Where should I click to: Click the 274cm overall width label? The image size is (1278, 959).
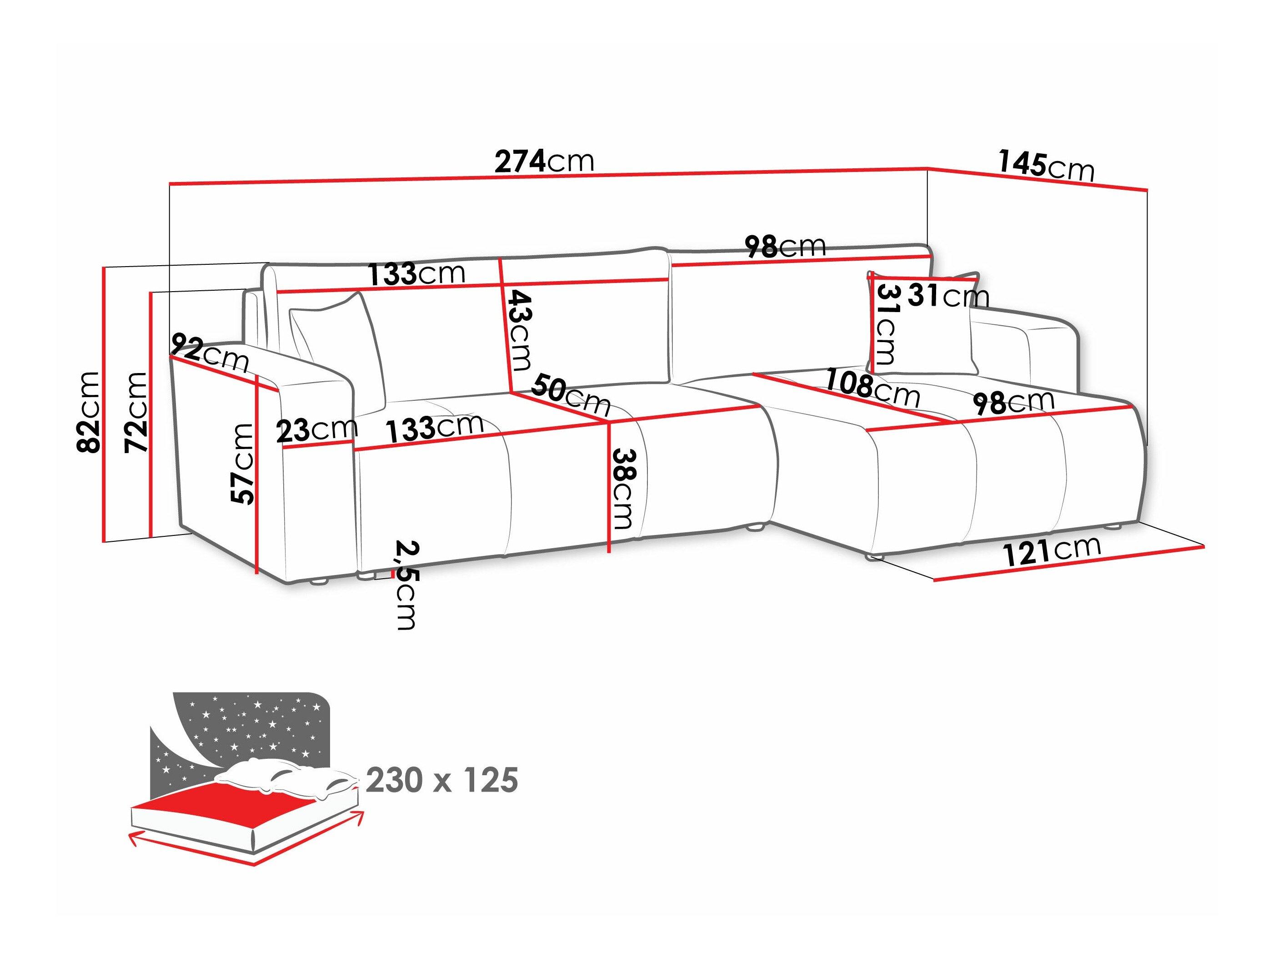click(544, 162)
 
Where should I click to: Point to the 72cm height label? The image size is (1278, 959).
click(136, 412)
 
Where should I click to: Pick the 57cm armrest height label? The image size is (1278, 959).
click(243, 464)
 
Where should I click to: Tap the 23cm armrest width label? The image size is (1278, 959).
click(316, 430)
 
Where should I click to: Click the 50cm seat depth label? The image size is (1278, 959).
click(571, 395)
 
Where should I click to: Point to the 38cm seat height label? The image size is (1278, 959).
click(623, 489)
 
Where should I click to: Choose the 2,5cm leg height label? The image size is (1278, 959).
click(406, 584)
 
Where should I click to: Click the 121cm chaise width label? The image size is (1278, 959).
click(1052, 551)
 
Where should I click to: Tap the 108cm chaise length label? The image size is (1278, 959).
click(872, 387)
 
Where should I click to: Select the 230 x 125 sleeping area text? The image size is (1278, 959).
click(442, 780)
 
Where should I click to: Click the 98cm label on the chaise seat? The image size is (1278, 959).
click(1013, 402)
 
